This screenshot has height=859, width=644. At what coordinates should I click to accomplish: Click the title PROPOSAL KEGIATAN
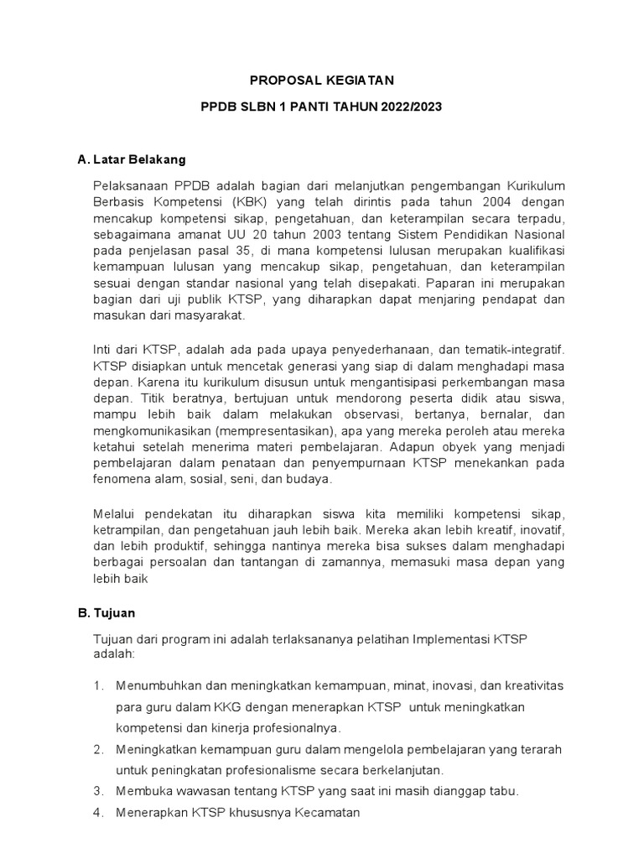pyautogui.click(x=322, y=81)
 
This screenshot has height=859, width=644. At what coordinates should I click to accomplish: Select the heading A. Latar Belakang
pyautogui.click(x=131, y=159)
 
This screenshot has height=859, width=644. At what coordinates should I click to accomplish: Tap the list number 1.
pyautogui.click(x=97, y=685)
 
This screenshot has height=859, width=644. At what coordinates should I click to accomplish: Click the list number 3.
pyautogui.click(x=97, y=790)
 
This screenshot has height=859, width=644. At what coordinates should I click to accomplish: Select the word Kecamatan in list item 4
pyautogui.click(x=323, y=812)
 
